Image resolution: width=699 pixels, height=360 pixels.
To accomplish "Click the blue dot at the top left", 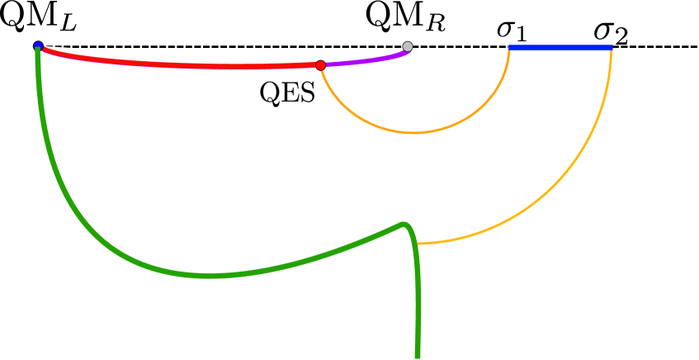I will click(x=38, y=45).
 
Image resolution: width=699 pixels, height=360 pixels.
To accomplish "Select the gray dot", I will click(x=408, y=46).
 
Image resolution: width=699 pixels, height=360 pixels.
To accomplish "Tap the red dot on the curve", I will click(x=320, y=65).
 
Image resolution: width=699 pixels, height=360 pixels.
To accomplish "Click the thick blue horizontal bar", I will click(x=560, y=47).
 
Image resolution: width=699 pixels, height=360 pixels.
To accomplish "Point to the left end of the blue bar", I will click(x=510, y=47).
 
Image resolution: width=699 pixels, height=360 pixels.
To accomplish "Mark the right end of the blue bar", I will click(x=612, y=47).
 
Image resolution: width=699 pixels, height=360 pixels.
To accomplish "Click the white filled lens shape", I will click(x=223, y=54).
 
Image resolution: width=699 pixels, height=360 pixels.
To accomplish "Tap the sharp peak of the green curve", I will click(x=403, y=224).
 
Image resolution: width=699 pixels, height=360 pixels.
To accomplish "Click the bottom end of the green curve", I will click(x=418, y=356).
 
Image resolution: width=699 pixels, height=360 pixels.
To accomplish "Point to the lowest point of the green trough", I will click(x=210, y=275).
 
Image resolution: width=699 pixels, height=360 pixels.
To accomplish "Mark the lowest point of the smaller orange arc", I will click(x=414, y=132).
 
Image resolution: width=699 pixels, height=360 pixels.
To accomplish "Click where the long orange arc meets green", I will click(x=418, y=244).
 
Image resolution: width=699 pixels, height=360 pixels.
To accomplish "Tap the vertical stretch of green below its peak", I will click(x=418, y=306).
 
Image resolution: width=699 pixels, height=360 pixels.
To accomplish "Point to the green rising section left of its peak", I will click(x=330, y=252).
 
